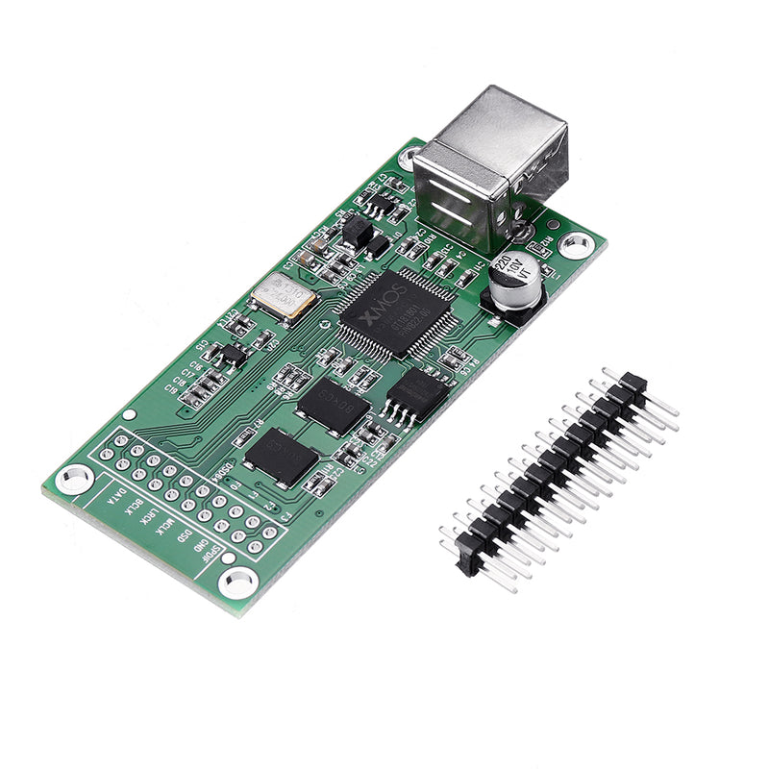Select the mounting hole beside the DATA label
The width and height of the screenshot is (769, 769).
pos(73,478)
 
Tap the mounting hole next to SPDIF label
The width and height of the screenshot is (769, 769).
pos(236,581)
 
